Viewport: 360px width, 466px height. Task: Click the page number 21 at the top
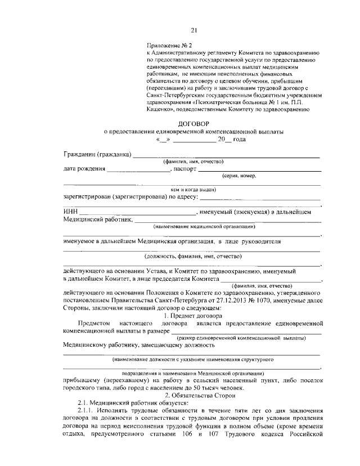[193, 30]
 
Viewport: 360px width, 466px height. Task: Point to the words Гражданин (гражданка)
[97, 154]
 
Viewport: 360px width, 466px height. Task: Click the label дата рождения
[84, 168]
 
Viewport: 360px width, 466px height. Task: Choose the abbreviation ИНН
[70, 212]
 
